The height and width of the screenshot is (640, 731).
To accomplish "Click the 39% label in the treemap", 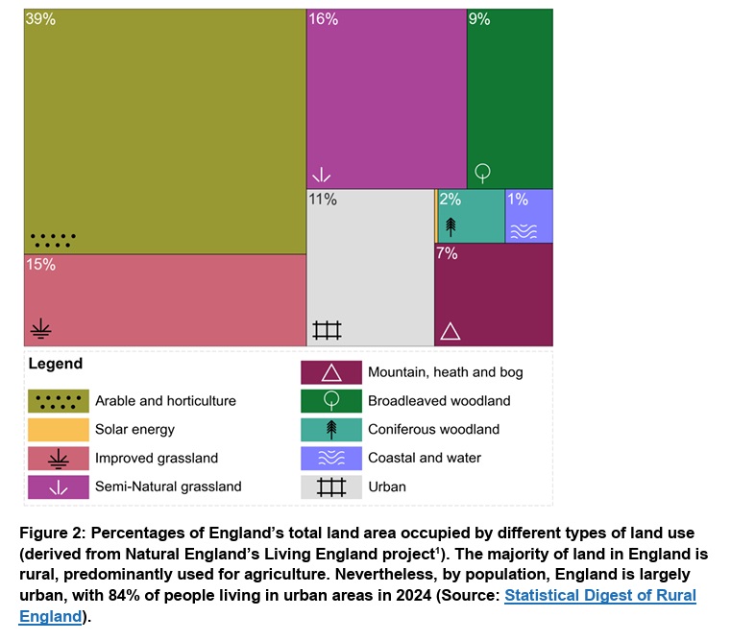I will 40,19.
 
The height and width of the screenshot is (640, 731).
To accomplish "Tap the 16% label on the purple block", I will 323,19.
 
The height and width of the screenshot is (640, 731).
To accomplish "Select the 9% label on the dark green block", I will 478,19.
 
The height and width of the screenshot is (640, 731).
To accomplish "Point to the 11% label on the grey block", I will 323,200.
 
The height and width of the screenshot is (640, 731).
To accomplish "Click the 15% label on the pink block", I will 40,265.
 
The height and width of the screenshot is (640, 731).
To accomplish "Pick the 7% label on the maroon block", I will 447,254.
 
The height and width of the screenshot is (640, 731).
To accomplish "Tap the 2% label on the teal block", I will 450,200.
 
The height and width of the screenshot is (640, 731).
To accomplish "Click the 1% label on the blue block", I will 518,200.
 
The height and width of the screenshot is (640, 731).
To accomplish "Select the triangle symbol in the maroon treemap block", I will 450,331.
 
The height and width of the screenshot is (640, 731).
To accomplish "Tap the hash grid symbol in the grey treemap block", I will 328,330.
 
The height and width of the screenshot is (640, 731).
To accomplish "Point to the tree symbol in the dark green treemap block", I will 483,173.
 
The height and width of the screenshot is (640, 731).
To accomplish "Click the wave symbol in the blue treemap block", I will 524,230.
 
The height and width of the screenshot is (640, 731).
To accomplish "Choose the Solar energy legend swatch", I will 59,429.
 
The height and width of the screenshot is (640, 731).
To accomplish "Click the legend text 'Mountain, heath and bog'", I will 446,372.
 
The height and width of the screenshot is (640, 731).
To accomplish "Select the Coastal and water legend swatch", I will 331,458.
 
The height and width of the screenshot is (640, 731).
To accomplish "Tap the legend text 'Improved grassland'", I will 157,458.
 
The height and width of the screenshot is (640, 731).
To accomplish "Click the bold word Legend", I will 56,364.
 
